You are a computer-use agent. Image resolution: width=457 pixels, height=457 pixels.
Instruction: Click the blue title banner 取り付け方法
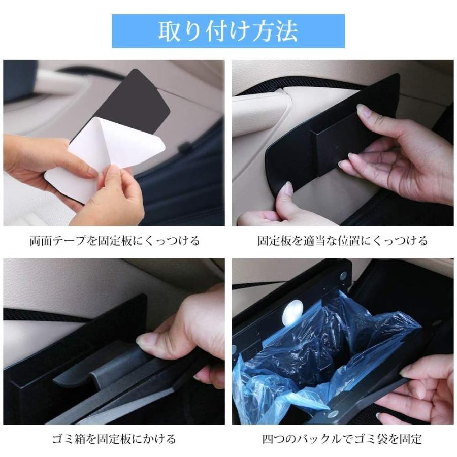click(228, 31)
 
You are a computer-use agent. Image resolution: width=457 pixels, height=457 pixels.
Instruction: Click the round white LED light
click(293, 311)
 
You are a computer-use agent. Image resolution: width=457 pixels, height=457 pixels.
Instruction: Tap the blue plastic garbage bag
click(325, 345)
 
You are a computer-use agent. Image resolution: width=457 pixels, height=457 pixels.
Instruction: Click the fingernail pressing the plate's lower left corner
click(287, 189)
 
